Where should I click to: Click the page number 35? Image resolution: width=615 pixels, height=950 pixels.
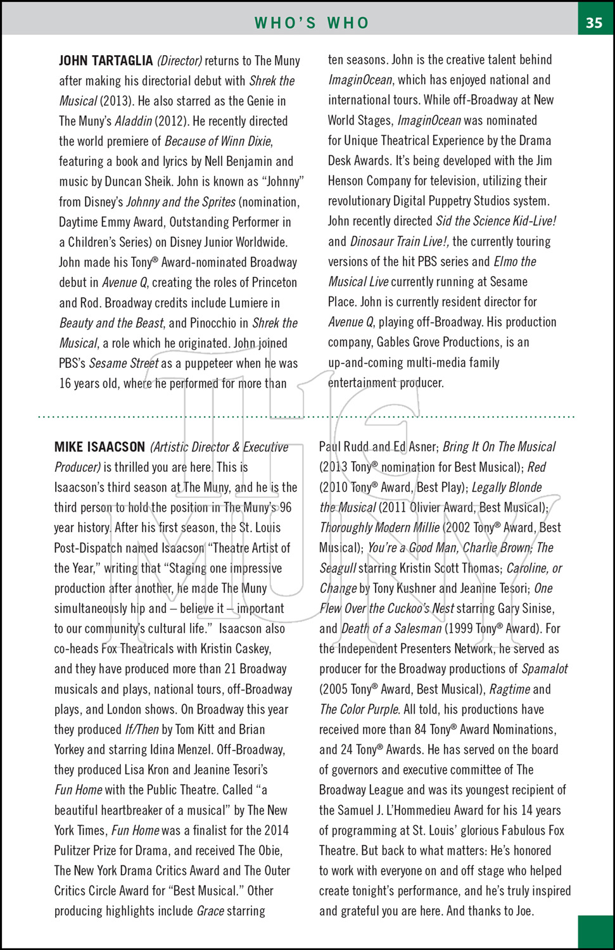coord(594,23)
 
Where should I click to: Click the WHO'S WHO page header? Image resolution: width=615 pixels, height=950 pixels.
coord(312,23)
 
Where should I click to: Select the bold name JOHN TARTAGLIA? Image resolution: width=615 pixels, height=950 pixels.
coord(106,61)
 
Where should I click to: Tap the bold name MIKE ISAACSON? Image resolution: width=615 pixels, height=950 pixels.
coord(99,447)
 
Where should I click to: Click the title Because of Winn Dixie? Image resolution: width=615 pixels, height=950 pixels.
coord(218,141)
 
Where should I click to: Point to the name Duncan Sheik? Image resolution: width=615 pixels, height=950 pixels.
coord(137,182)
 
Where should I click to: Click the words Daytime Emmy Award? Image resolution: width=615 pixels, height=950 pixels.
coord(111,222)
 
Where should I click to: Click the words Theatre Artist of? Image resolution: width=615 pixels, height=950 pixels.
coord(250,548)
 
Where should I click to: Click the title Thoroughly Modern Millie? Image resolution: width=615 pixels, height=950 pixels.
coord(379,528)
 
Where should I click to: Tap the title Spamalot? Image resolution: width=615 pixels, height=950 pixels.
coord(544,669)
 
